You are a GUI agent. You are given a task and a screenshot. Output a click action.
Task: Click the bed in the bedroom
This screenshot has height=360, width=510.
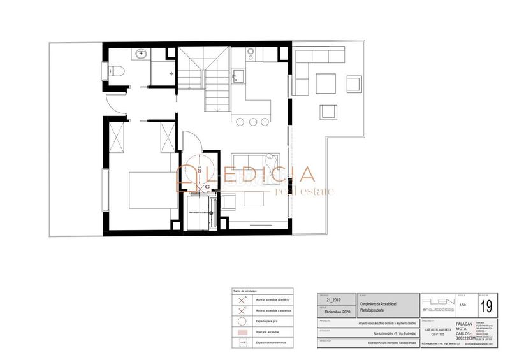152,189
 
